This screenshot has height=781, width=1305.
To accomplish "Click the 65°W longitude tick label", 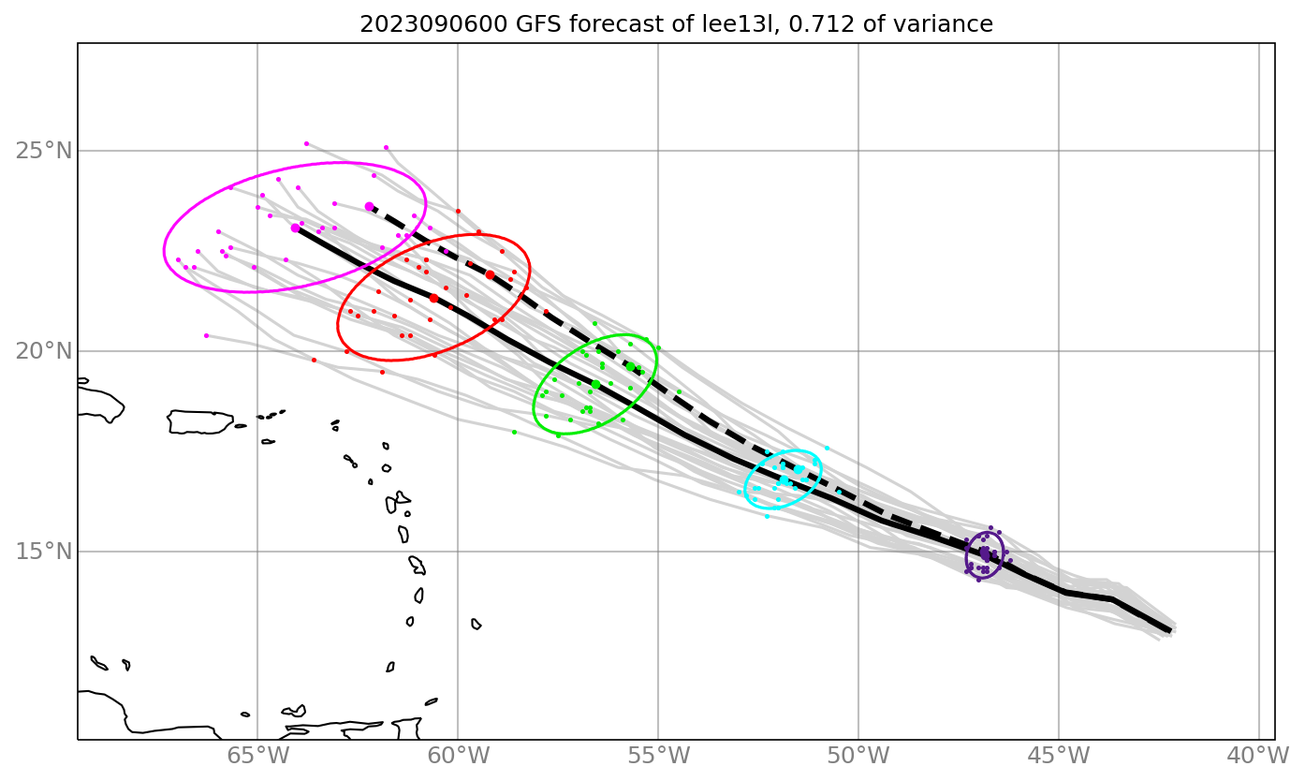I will coord(257,756).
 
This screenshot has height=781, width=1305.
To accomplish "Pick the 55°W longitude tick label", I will coord(658,756).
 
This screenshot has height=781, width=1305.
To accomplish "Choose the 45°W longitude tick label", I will coord(1059,756).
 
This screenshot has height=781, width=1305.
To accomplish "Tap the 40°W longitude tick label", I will coord(1258,756).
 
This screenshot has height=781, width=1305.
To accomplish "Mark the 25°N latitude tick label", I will coord(44,151).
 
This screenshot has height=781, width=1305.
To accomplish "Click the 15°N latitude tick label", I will coord(44,552).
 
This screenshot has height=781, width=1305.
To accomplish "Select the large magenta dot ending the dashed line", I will coord(369,206).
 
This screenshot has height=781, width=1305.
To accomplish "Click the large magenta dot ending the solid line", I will coord(295,228).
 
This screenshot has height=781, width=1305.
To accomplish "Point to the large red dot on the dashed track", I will coord(490,274).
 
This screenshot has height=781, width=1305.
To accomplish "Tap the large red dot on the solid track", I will coord(433,298).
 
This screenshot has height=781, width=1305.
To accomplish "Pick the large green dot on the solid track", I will coord(595,385).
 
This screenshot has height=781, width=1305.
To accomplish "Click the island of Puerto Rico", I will coord(200,422).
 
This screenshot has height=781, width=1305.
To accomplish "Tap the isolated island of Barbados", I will coord(477,624).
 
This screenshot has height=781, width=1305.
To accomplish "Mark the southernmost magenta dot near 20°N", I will coord(206,335).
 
